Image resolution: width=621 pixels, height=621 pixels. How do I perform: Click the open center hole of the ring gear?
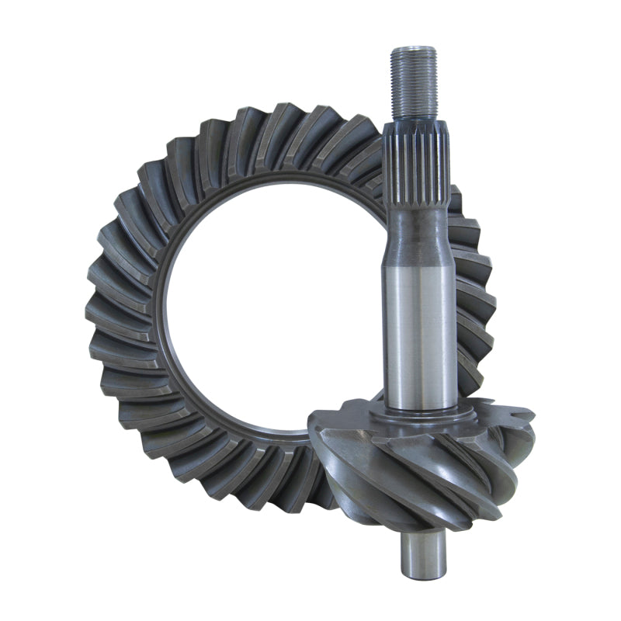point(264,310)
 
